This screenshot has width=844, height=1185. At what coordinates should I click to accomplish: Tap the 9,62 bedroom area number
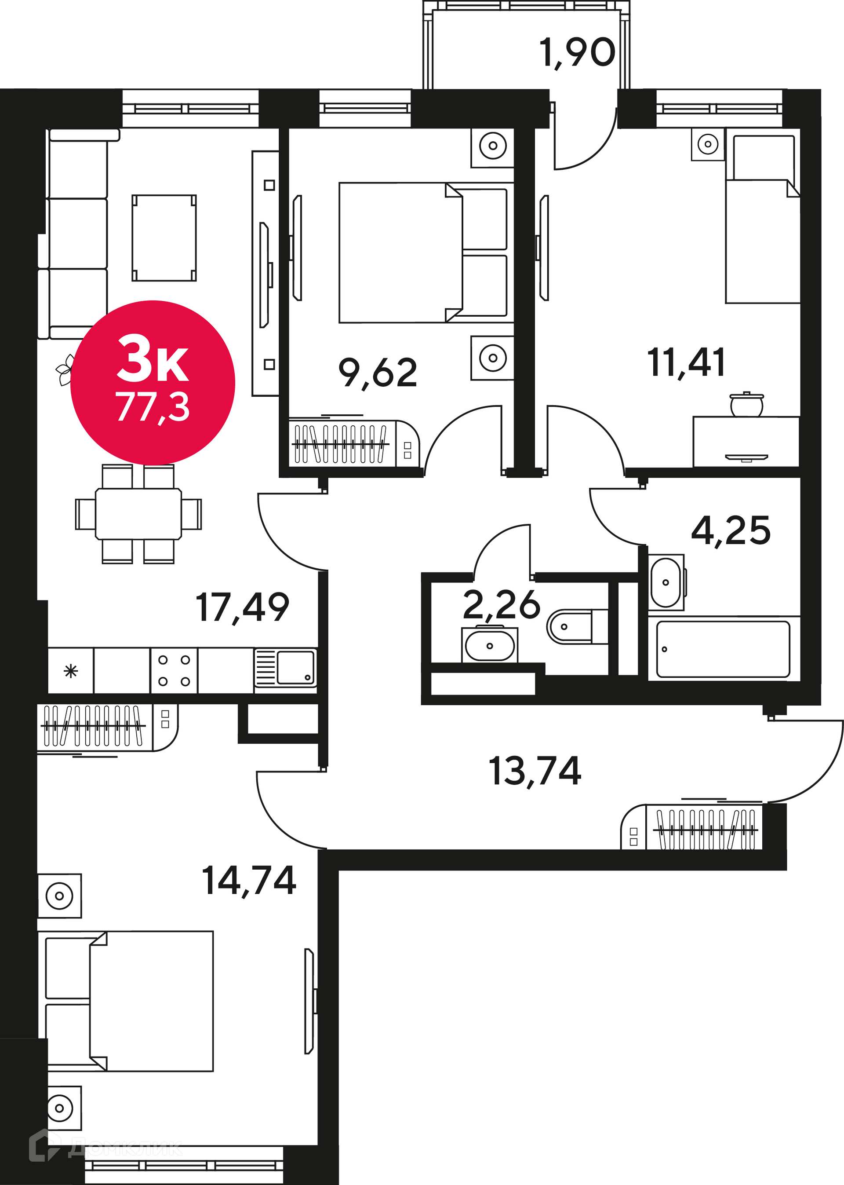(378, 373)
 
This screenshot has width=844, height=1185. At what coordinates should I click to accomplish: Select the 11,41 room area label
(686, 363)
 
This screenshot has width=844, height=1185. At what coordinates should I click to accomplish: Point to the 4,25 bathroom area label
(731, 531)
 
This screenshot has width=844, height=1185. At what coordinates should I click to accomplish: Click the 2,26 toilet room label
(502, 605)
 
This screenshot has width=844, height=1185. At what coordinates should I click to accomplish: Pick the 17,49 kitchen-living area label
(242, 608)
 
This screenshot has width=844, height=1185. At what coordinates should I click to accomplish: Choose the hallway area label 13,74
(535, 772)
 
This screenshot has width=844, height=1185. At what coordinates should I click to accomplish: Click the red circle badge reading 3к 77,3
(153, 383)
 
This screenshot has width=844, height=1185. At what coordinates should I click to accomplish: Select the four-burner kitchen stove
(174, 670)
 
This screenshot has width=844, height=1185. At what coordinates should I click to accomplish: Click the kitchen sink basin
(295, 668)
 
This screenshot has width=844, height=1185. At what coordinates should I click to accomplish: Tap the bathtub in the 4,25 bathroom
(723, 649)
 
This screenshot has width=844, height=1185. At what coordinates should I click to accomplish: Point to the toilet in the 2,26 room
(576, 626)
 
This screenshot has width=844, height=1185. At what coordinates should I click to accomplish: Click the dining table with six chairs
(138, 514)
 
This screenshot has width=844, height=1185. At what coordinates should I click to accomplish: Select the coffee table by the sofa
(164, 238)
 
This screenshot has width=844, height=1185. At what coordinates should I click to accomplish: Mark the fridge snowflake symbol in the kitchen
(71, 671)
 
